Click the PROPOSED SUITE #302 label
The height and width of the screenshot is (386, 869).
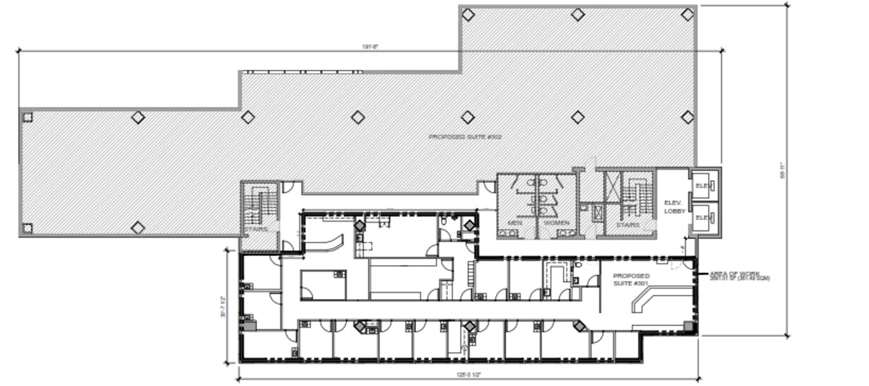coord(460,136)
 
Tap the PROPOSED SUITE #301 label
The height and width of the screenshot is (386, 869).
coord(630,280)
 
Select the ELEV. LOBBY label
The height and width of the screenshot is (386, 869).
coord(675,206)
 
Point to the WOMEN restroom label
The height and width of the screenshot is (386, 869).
coord(555,223)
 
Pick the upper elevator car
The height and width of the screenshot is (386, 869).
coord(704,186)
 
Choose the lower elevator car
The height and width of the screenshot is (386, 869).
coord(704,218)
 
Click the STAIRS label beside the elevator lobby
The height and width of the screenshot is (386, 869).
coord(627,225)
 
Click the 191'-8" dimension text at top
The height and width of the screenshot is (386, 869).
coord(372,47)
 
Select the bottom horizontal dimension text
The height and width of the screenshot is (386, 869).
coord(467,375)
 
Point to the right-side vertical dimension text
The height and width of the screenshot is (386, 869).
coord(782,171)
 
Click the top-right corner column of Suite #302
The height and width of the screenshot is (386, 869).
coord(687,14)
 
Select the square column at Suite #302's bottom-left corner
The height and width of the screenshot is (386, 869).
coord(28,228)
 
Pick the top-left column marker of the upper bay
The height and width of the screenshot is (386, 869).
coord(468,14)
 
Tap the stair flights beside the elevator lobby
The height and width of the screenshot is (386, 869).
coord(631,194)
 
